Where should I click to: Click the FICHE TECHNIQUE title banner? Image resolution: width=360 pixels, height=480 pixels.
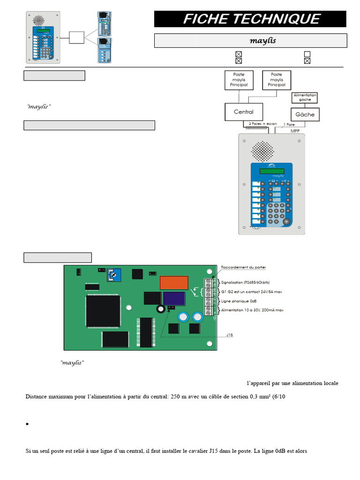(x=250, y=19)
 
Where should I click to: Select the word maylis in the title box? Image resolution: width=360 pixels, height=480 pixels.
(x=262, y=41)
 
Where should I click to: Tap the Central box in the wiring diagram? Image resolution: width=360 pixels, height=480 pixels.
(x=243, y=112)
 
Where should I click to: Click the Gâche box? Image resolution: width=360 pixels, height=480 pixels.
(x=305, y=114)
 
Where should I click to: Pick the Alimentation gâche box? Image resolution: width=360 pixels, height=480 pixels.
(x=305, y=97)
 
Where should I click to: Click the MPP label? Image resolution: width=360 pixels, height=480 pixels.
(x=294, y=131)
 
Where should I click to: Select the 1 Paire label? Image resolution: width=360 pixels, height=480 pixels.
(x=289, y=125)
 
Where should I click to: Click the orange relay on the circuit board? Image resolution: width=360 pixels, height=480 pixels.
(x=174, y=283)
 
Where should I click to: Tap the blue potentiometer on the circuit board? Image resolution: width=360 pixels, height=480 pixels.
(x=113, y=276)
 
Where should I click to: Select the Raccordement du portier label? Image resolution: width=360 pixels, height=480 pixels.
(x=243, y=268)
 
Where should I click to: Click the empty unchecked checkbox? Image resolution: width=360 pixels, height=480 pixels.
(x=307, y=54)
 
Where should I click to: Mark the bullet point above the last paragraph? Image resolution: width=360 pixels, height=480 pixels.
(x=28, y=424)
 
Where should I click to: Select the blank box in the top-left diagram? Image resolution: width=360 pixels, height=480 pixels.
(x=76, y=37)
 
